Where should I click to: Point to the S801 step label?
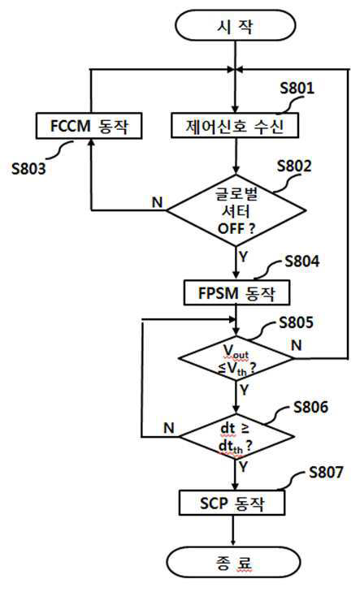click(x=297, y=88)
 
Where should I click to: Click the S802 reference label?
click(x=294, y=166)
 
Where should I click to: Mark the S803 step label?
click(x=28, y=168)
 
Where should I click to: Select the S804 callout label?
click(x=301, y=261)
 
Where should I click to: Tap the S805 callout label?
click(x=296, y=322)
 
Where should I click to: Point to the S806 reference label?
click(x=311, y=407)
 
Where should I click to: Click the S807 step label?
click(x=326, y=472)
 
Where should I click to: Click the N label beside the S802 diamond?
click(x=157, y=202)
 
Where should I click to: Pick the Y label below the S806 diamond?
click(x=243, y=467)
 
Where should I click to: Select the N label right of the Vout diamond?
click(x=297, y=345)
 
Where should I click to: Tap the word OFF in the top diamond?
click(x=231, y=228)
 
